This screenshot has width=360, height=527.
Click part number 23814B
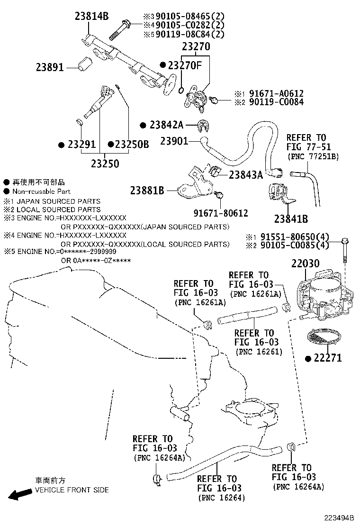(91, 17)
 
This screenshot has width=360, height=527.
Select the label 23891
(49, 68)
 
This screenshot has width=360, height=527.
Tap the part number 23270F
(185, 65)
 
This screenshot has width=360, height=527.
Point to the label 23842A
(166, 125)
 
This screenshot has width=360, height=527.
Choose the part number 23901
(174, 141)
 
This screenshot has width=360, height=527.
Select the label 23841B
(291, 218)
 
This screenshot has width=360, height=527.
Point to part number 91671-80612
(221, 214)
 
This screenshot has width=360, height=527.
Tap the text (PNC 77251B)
(313, 156)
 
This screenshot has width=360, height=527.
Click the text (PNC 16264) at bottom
(222, 498)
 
